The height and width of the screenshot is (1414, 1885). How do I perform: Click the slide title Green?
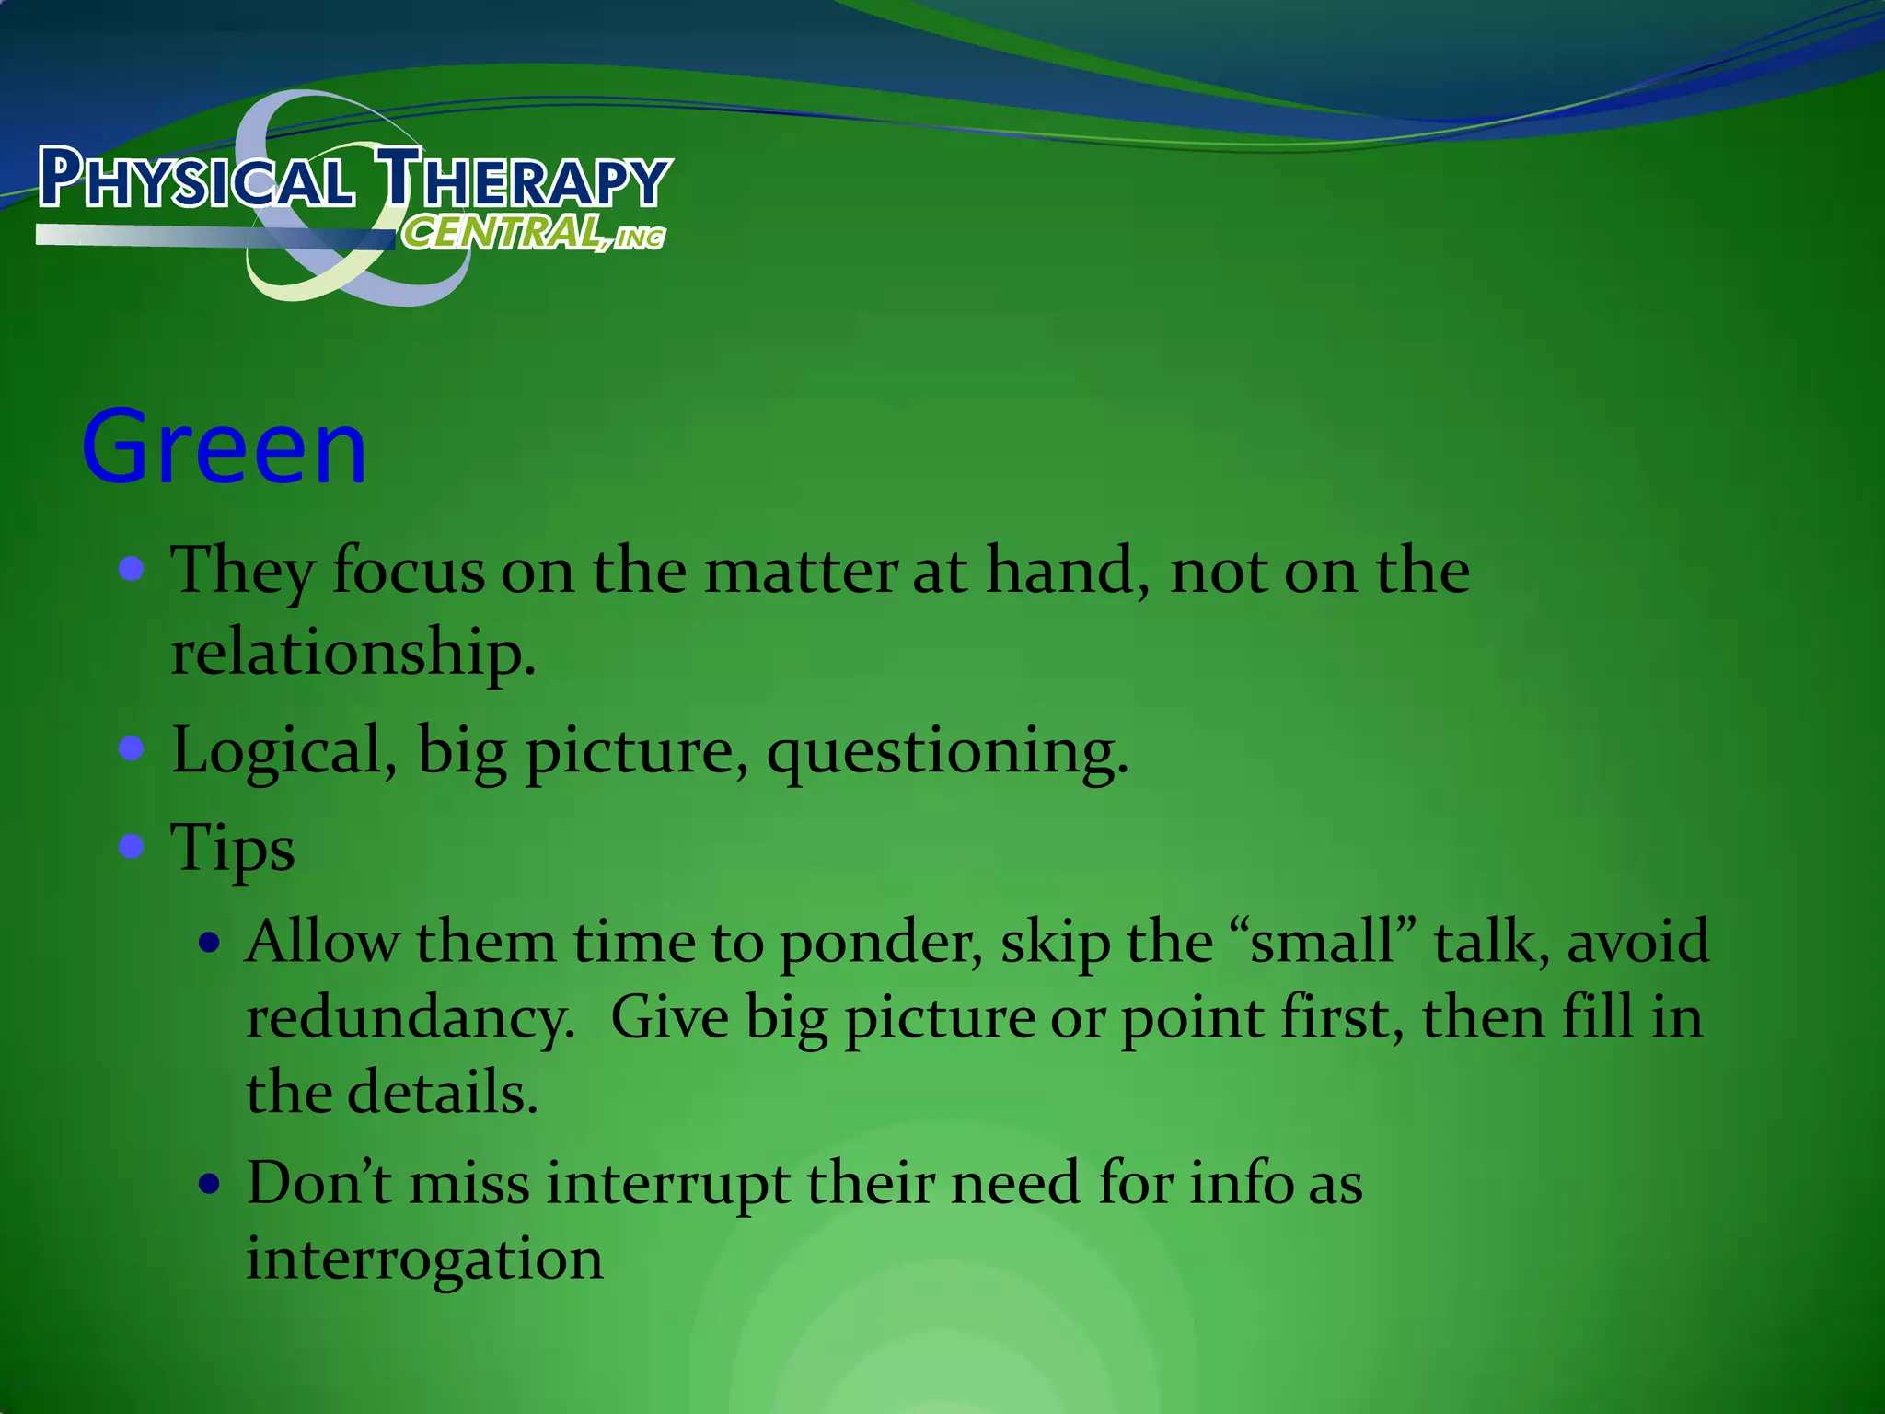[224, 448]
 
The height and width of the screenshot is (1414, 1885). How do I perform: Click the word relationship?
[353, 652]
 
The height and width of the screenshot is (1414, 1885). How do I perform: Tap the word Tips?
[233, 848]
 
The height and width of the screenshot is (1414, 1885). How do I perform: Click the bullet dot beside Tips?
[132, 845]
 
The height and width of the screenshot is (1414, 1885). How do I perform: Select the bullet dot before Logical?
[132, 748]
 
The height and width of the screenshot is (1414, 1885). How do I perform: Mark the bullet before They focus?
[132, 568]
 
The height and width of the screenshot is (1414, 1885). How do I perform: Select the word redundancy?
[410, 1019]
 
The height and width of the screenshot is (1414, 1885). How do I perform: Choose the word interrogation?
[424, 1259]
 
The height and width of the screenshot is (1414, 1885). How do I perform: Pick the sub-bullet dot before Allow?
[211, 943]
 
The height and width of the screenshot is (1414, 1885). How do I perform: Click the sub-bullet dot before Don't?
[211, 1184]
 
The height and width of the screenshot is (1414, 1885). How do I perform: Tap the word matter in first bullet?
[800, 571]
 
